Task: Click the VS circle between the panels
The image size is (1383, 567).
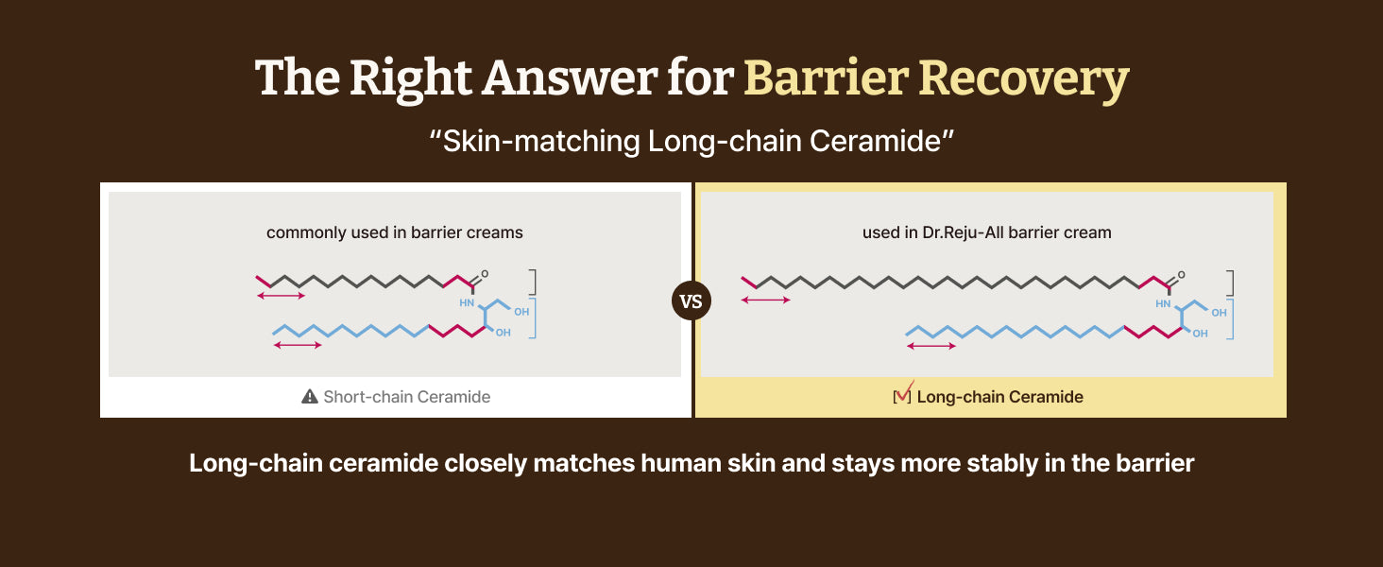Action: (x=691, y=301)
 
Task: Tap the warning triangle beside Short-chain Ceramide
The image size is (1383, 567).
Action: (x=309, y=397)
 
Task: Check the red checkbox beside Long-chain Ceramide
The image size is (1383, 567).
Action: (x=902, y=395)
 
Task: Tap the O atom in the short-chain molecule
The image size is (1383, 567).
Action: (x=485, y=274)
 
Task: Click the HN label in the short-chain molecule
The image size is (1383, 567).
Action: (x=466, y=303)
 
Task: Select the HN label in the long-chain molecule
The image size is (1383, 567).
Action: (x=1163, y=303)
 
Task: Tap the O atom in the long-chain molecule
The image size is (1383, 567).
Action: (x=1182, y=274)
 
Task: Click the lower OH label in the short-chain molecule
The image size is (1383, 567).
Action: (x=504, y=333)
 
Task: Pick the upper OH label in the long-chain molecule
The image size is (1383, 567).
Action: (x=1219, y=313)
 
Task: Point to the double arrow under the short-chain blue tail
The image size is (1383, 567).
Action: (x=298, y=345)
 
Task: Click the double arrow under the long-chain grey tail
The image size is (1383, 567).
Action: (x=765, y=301)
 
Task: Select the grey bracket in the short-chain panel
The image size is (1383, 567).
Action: (x=535, y=283)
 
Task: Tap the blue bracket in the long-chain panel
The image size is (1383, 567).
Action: (x=1231, y=318)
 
